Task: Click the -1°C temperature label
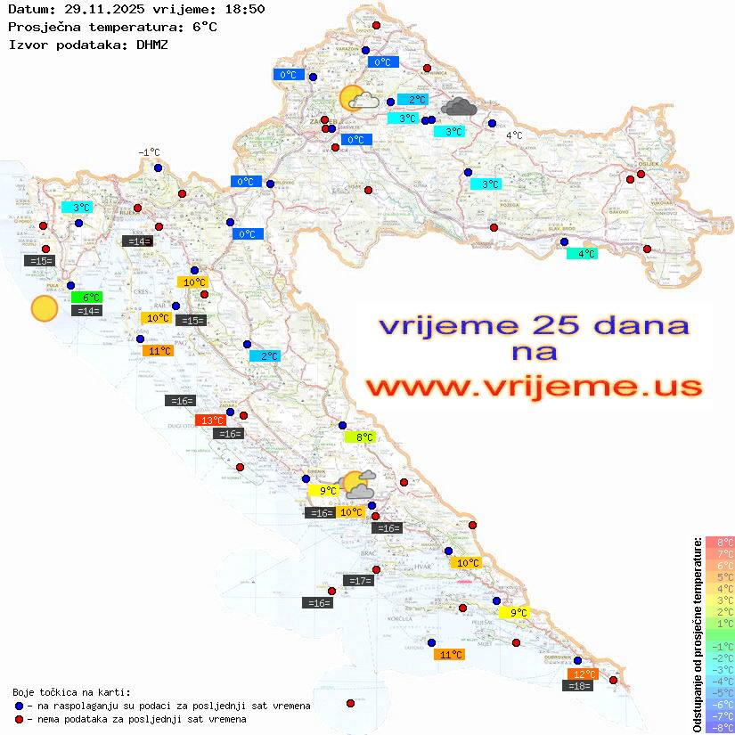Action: click(x=149, y=153)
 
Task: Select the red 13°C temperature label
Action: click(x=211, y=421)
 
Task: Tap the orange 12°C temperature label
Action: click(x=584, y=674)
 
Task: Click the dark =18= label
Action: click(x=579, y=686)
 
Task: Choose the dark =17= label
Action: click(x=359, y=581)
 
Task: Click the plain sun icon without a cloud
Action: click(x=44, y=309)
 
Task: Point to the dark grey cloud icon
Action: click(x=458, y=108)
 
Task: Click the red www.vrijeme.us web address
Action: click(x=533, y=387)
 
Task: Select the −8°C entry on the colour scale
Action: click(x=720, y=728)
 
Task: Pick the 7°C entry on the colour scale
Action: click(x=720, y=554)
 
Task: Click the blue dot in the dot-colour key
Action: click(x=19, y=706)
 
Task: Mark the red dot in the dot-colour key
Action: click(x=19, y=719)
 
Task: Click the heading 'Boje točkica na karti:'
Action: click(x=71, y=692)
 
